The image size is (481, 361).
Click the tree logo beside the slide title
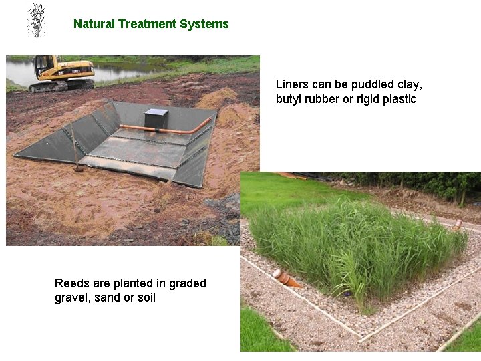(x=36, y=20)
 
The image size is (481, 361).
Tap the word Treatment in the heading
(x=149, y=24)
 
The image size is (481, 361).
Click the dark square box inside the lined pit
(x=156, y=118)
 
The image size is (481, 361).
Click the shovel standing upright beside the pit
(x=78, y=150)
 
